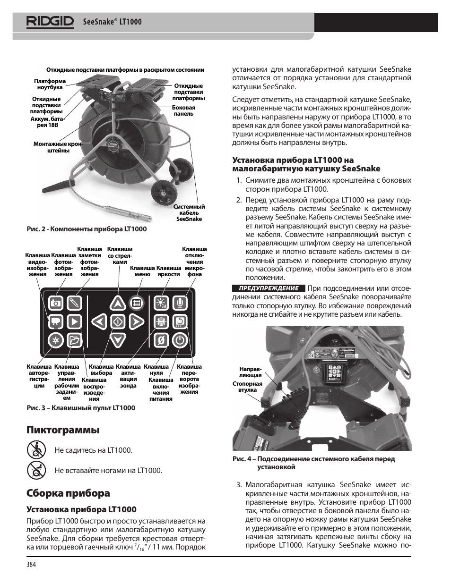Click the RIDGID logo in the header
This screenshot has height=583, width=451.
(x=46, y=22)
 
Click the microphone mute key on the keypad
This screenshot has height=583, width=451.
(x=180, y=303)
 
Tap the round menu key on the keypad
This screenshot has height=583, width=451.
(x=136, y=303)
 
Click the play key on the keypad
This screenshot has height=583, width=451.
(x=74, y=322)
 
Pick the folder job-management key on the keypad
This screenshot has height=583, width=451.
(x=74, y=340)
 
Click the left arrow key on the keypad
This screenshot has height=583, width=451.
(x=98, y=322)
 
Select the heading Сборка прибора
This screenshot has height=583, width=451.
(x=68, y=493)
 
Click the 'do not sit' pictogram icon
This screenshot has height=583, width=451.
(x=36, y=449)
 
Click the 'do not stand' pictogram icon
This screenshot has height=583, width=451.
(x=36, y=470)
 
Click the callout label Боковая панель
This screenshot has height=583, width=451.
(x=183, y=110)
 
